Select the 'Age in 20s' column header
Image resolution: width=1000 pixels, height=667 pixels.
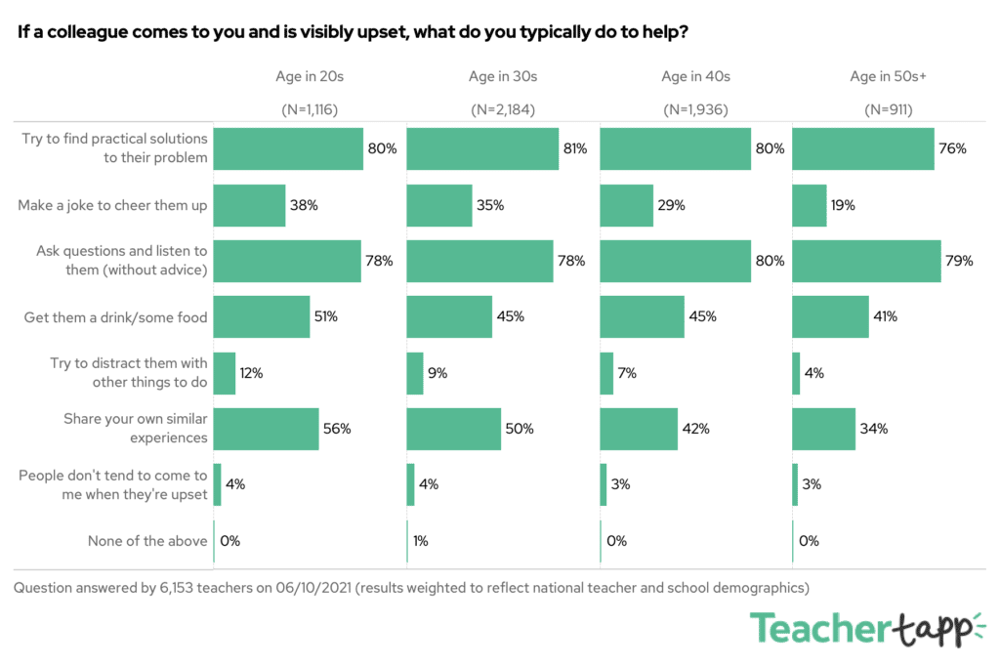pyautogui.click(x=310, y=76)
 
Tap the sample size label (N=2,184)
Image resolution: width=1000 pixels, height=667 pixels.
pyautogui.click(x=503, y=109)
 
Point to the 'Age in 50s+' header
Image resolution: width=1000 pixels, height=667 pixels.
pyautogui.click(x=889, y=76)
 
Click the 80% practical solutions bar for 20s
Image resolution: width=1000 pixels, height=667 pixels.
pyautogui.click(x=288, y=148)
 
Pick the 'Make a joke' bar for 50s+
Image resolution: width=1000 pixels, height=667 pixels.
pyautogui.click(x=810, y=205)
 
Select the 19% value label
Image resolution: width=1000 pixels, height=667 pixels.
pyautogui.click(x=844, y=205)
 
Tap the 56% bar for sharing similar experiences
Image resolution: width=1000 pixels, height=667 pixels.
pyautogui.click(x=266, y=429)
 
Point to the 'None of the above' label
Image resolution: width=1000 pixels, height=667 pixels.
pyautogui.click(x=147, y=540)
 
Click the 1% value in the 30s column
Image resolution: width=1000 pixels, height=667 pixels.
pyautogui.click(x=420, y=540)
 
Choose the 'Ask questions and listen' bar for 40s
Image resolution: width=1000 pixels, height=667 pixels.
pyautogui.click(x=675, y=261)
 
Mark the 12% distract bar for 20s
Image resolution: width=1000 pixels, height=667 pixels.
pyautogui.click(x=225, y=373)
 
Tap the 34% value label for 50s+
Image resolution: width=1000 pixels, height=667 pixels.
pyautogui.click(x=873, y=429)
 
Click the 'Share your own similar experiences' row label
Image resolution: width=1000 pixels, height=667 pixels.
pyautogui.click(x=136, y=429)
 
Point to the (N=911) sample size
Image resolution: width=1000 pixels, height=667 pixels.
pyautogui.click(x=889, y=109)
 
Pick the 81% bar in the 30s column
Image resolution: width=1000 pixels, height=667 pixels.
pyautogui.click(x=482, y=148)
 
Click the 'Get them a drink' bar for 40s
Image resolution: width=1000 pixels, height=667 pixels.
pyautogui.click(x=642, y=316)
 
